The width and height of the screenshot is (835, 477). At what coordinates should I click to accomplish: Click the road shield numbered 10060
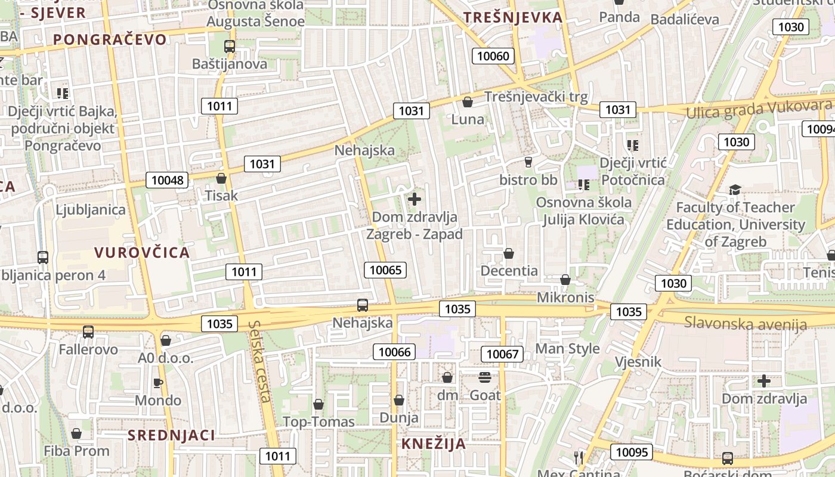(x=494, y=56)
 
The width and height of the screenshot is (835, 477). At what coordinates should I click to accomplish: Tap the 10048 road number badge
(x=167, y=179)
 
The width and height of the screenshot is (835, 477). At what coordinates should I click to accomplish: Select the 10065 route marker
(x=385, y=270)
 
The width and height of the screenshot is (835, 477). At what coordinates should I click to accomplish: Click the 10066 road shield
(x=394, y=352)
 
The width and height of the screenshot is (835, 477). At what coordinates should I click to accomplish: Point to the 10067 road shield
(x=502, y=354)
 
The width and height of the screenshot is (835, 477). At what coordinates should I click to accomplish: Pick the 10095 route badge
(x=631, y=452)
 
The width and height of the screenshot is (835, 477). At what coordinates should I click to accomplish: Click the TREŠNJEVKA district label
(x=513, y=17)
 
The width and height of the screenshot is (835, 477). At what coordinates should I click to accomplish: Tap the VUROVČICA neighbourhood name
(x=142, y=252)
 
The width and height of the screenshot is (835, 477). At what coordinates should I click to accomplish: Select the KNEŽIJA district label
(x=434, y=444)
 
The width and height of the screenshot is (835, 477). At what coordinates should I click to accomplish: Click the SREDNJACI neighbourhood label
(x=171, y=435)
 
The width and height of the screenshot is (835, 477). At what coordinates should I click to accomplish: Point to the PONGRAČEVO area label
(x=110, y=39)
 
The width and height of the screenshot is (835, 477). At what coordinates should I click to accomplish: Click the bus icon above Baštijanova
(x=230, y=46)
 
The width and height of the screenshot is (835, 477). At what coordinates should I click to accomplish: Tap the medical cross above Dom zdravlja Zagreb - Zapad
(x=415, y=199)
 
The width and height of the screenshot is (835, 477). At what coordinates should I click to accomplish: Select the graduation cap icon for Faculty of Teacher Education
(x=735, y=190)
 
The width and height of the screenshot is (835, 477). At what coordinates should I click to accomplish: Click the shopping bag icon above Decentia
(x=509, y=254)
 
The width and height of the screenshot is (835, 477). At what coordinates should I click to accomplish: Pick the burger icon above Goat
(x=484, y=377)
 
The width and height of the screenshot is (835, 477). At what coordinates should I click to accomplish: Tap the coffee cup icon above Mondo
(x=157, y=383)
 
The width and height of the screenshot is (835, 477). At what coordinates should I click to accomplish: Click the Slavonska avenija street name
(x=745, y=324)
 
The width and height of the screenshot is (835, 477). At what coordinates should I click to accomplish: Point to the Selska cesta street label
(x=261, y=361)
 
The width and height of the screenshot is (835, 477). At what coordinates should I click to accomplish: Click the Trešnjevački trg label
(x=536, y=97)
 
